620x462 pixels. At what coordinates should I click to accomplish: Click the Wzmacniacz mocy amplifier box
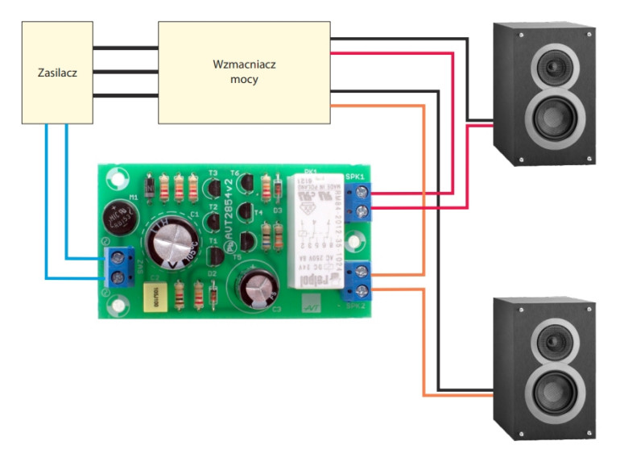point(244,73)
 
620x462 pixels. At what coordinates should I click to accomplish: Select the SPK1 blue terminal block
point(360,202)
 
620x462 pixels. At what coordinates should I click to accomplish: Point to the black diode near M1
point(147,189)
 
